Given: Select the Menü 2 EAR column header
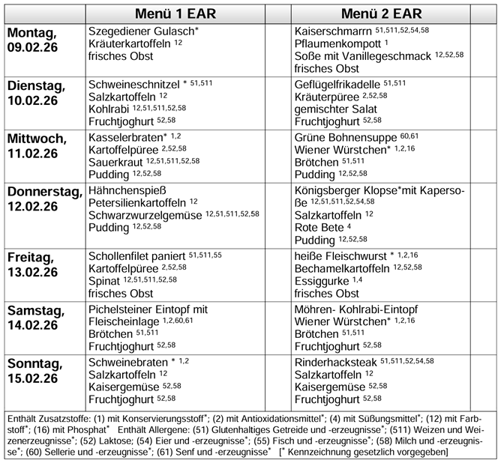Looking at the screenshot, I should click(x=381, y=13).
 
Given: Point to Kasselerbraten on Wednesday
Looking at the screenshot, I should click(x=124, y=138).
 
